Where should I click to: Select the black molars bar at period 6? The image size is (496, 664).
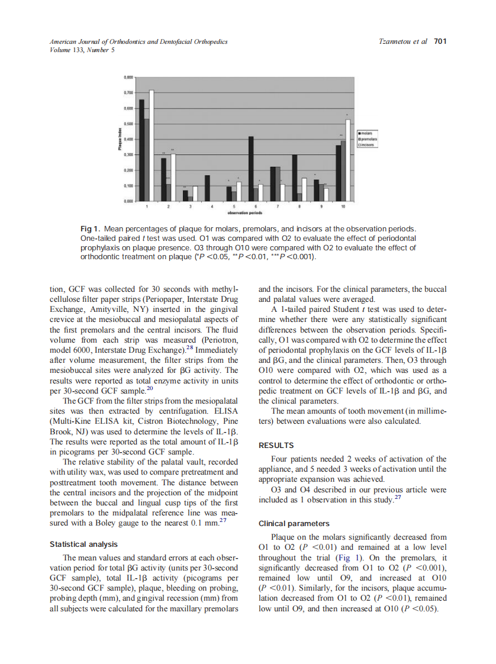[x=251, y=169]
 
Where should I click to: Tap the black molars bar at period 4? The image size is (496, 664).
[x=207, y=188]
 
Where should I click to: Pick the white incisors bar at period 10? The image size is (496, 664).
[x=348, y=160]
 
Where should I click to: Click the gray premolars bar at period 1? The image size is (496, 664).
[x=147, y=160]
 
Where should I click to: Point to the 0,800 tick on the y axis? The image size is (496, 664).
[x=128, y=78]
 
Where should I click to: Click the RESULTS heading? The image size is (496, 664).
[x=276, y=445]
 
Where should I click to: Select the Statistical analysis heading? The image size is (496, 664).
[x=83, y=544]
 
